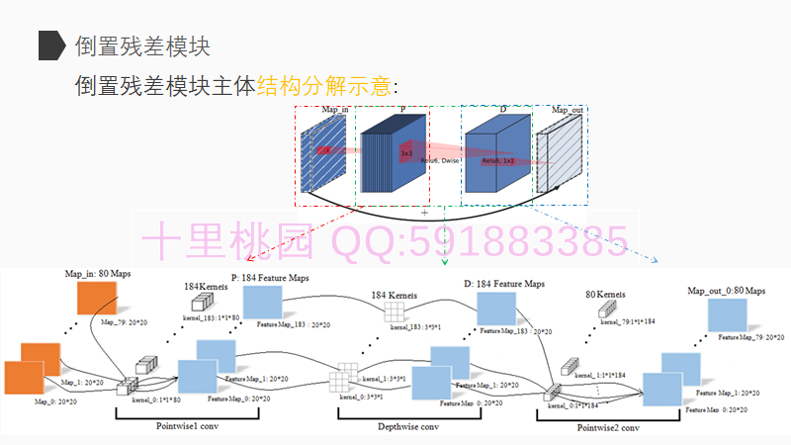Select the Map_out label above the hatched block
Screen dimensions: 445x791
566,110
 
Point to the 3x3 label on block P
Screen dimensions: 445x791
405,154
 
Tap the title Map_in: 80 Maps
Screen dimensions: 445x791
98,272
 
